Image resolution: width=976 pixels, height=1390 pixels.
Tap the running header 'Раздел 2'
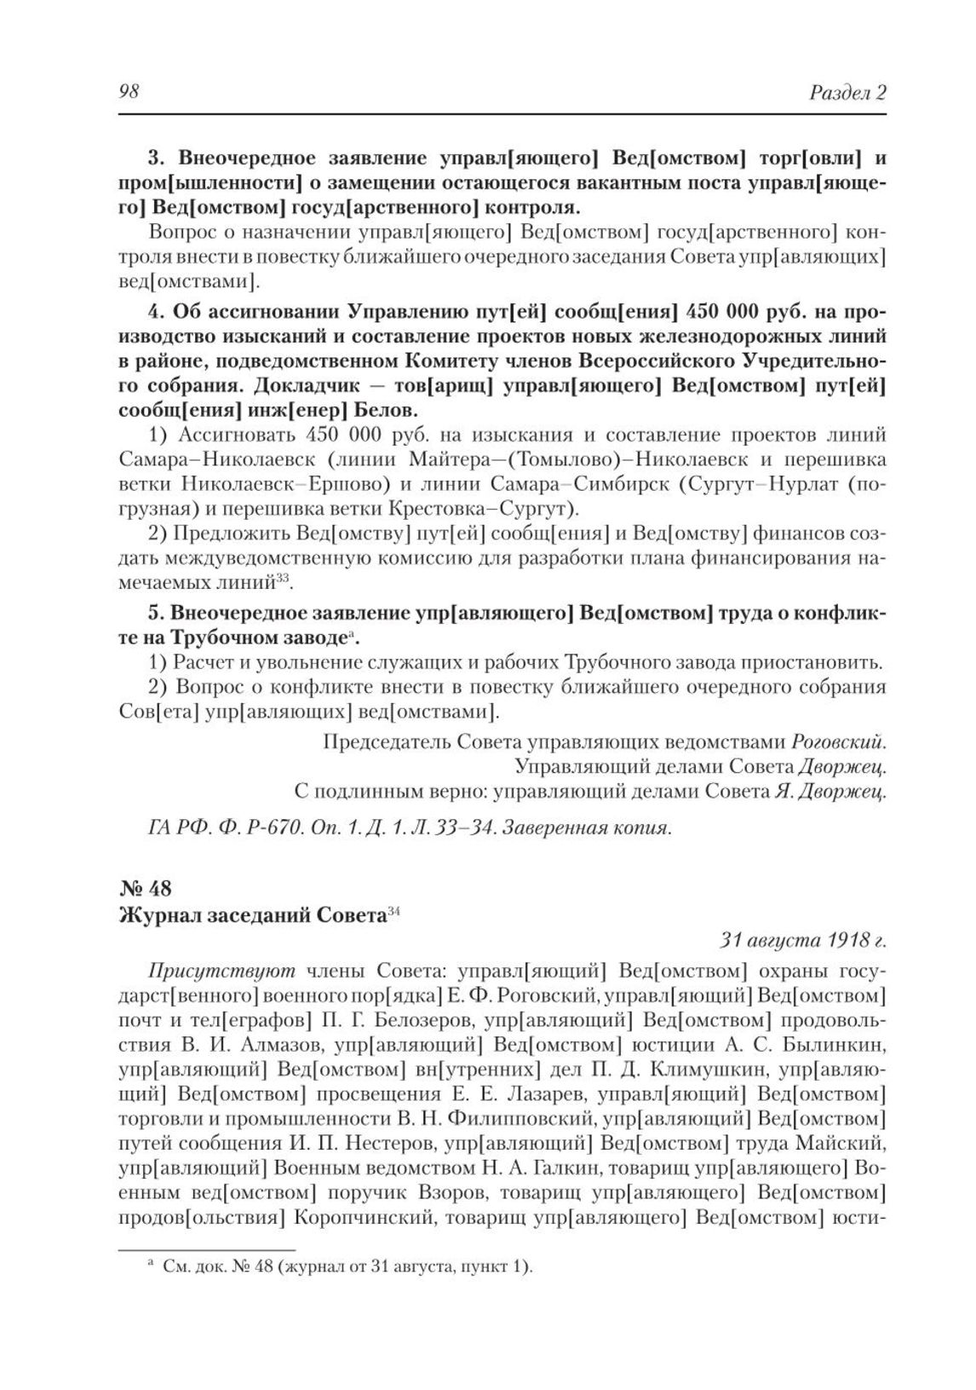coord(847,93)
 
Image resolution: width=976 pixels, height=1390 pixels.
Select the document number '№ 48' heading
coord(146,889)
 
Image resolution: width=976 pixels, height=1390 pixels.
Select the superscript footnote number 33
coord(284,579)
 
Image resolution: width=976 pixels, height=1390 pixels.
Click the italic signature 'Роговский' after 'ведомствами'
coord(838,741)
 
